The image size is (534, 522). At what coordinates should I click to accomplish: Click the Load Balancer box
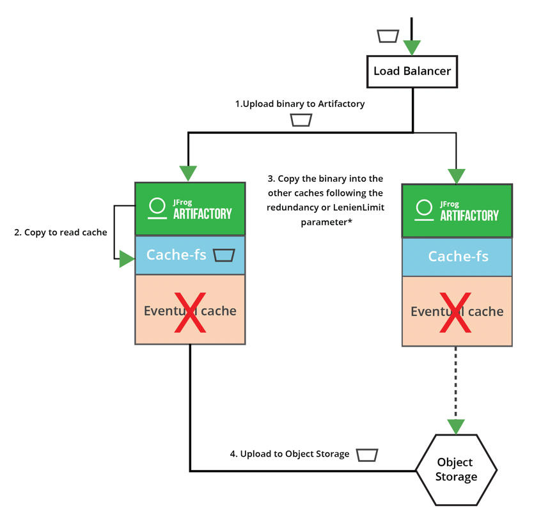[x=412, y=71]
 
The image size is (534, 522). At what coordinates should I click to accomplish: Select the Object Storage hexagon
[x=456, y=470]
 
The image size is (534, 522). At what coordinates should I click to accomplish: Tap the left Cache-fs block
[x=176, y=255]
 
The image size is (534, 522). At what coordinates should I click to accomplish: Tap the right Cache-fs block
[x=457, y=257]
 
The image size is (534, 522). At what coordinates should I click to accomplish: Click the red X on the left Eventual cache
[x=191, y=312]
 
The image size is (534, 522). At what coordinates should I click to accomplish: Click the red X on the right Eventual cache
[x=457, y=313]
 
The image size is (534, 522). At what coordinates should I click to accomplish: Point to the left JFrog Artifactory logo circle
[x=157, y=206]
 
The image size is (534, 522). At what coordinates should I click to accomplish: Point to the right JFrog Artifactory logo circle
[x=424, y=208]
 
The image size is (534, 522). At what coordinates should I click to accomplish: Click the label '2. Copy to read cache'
[x=61, y=232]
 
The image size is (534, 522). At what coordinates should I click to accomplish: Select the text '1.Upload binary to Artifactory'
[x=300, y=104]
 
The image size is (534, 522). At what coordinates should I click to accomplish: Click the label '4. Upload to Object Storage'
[x=290, y=454]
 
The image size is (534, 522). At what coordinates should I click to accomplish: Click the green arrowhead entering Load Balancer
[x=412, y=47]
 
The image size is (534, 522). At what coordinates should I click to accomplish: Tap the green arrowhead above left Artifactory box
[x=188, y=173]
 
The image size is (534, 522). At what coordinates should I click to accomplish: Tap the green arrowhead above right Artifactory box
[x=457, y=176]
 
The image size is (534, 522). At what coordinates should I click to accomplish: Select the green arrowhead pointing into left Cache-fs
[x=127, y=259]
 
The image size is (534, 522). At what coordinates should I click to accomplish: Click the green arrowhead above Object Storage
[x=456, y=427]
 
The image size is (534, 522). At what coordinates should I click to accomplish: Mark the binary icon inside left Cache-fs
[x=224, y=255]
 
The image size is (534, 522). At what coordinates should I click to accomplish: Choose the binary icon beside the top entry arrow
[x=388, y=36]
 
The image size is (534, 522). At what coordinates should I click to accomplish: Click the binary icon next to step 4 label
[x=367, y=455]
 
